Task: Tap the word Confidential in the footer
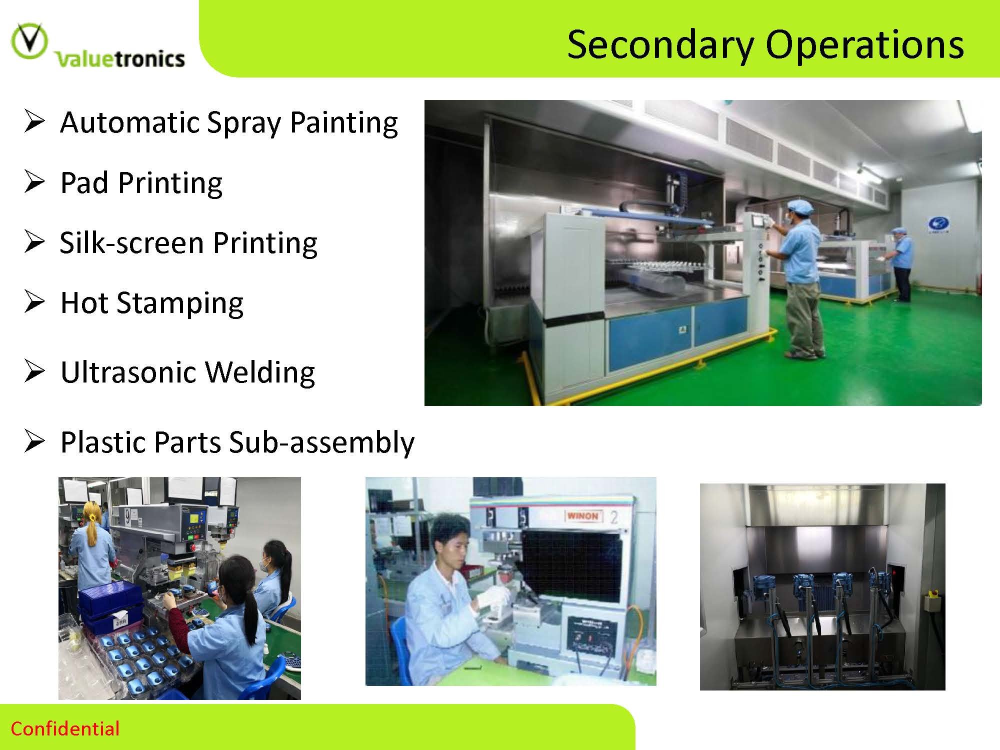[x=65, y=728]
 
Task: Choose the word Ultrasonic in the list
[x=129, y=372]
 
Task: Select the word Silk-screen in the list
[x=131, y=243]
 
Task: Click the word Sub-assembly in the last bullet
[x=321, y=443]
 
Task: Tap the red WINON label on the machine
[x=583, y=515]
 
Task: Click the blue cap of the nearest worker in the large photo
[x=799, y=206]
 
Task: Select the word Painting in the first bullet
[x=344, y=123]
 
